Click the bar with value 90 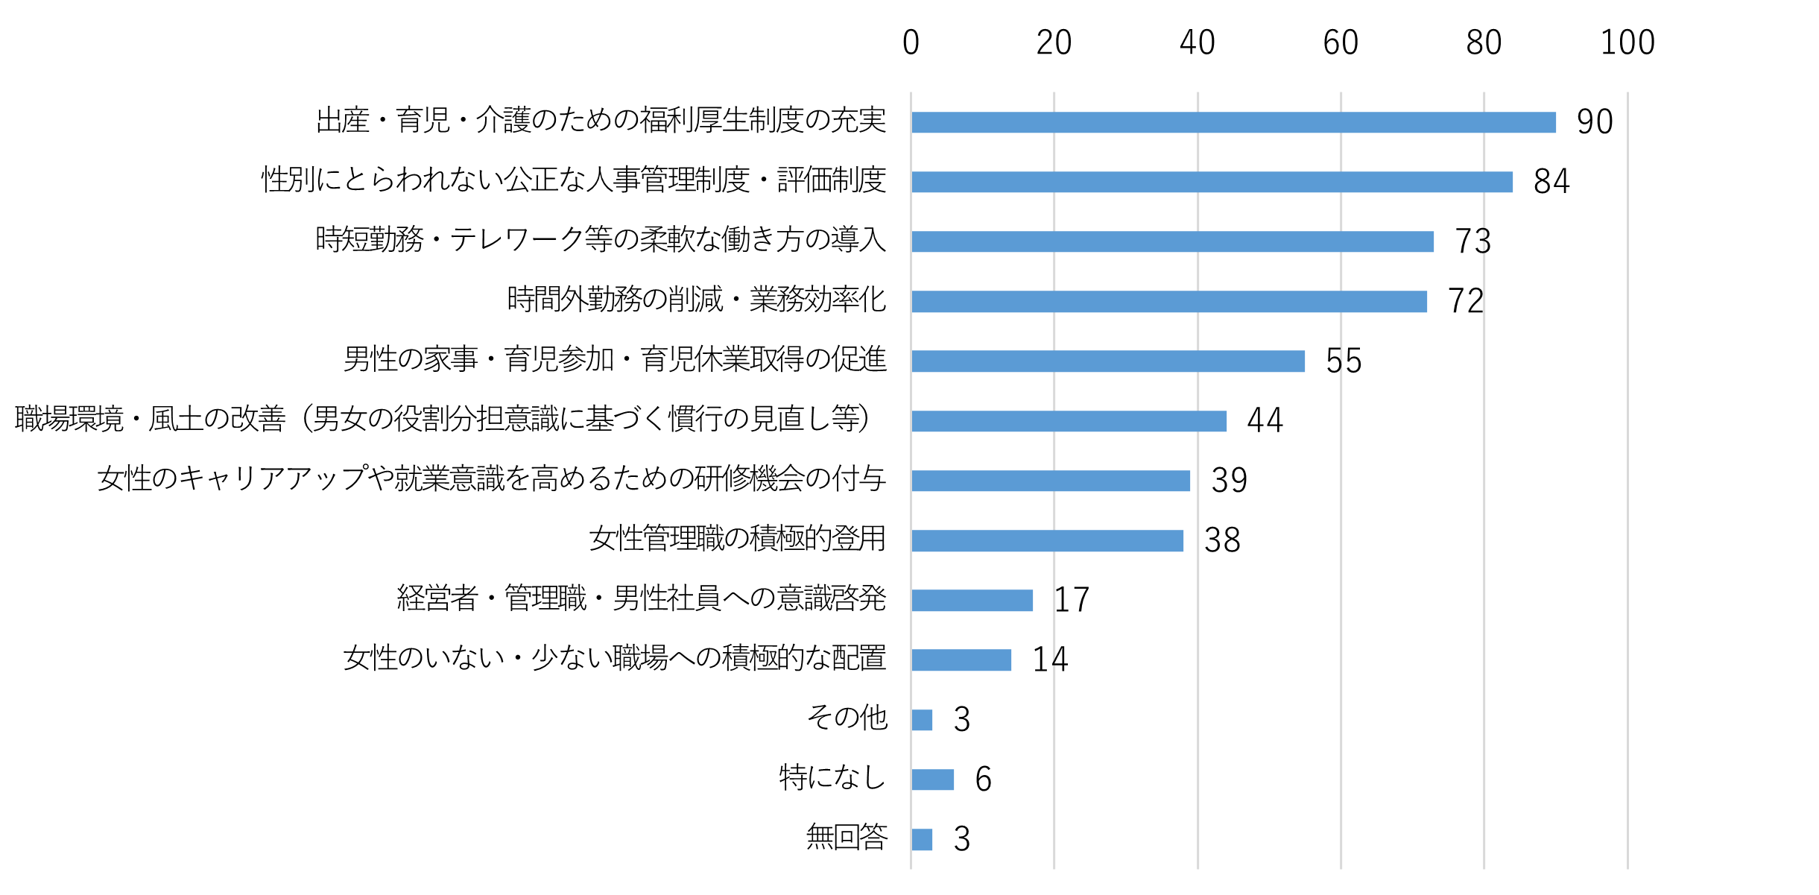(x=1233, y=122)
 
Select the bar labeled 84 (x=1212, y=182)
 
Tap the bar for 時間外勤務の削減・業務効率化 (x=1168, y=301)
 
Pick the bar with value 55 (x=1108, y=361)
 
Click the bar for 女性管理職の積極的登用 (x=1047, y=540)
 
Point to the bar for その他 (x=922, y=720)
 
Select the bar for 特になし (x=932, y=779)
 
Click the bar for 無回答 (x=922, y=839)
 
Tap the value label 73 (x=1472, y=241)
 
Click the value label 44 (x=1265, y=420)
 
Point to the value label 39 (x=1229, y=480)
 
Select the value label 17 (x=1071, y=600)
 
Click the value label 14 (x=1049, y=660)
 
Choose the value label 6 (x=983, y=779)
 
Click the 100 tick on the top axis (x=1627, y=42)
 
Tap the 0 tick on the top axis (x=911, y=42)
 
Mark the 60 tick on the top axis (x=1341, y=42)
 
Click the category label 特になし (x=832, y=777)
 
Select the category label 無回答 (x=847, y=837)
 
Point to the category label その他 (x=847, y=718)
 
